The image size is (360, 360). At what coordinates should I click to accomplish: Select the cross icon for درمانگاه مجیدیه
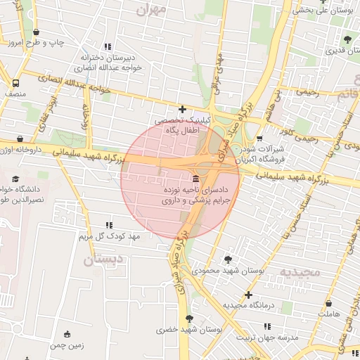tap(247, 295)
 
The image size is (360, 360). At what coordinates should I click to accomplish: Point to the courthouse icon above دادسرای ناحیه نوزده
tap(195, 179)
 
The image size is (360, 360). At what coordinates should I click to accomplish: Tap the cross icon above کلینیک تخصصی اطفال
tap(182, 109)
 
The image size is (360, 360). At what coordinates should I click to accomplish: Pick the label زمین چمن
tap(67, 345)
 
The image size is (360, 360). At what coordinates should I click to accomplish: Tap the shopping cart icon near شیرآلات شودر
tap(259, 138)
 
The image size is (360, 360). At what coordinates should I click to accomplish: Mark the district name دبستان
tap(98, 260)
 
